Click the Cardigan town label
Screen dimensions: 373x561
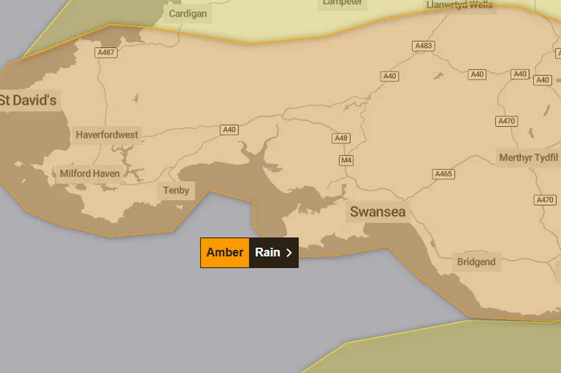click(188, 13)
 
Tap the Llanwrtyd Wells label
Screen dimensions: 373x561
click(460, 5)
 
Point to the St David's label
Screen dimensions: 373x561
click(28, 100)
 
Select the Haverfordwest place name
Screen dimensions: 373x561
click(107, 135)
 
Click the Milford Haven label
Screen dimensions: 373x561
click(89, 174)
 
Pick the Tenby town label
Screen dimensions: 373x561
click(176, 190)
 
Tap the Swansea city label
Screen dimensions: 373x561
click(377, 212)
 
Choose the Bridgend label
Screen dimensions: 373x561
click(476, 262)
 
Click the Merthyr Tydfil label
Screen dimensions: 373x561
click(528, 158)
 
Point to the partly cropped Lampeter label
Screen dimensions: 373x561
click(343, 3)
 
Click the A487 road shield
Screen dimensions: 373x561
click(106, 53)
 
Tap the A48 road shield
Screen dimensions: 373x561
click(341, 138)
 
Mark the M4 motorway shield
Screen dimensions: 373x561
click(346, 161)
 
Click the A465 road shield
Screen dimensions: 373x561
click(443, 174)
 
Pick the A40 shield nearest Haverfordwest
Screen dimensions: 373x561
click(229, 129)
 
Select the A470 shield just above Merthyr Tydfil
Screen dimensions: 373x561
click(506, 121)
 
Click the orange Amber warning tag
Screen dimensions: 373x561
click(224, 253)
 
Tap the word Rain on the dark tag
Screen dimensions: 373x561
click(267, 253)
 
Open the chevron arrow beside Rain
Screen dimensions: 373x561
click(290, 253)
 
